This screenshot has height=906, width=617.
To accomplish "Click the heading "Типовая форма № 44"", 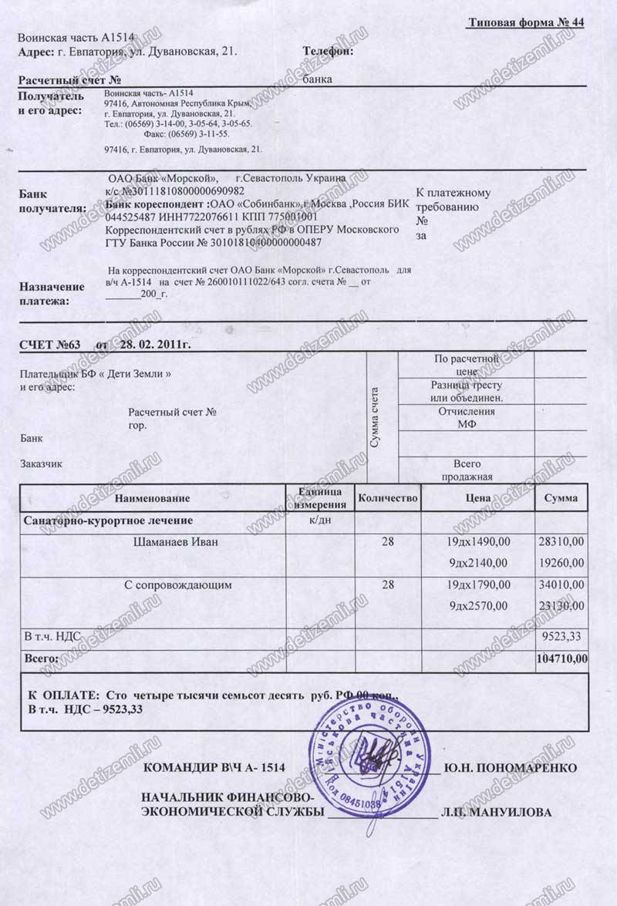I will point(525,22).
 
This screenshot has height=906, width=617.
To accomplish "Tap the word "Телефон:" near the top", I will point(329,52).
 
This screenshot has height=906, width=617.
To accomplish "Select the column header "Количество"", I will point(388,498).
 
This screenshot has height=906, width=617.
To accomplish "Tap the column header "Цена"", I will point(478,498).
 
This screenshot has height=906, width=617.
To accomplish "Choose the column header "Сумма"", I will point(561,498).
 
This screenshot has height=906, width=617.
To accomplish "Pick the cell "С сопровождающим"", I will point(178,585).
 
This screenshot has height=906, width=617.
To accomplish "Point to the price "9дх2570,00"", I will point(478,605).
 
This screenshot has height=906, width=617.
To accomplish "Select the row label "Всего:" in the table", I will point(42,658).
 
